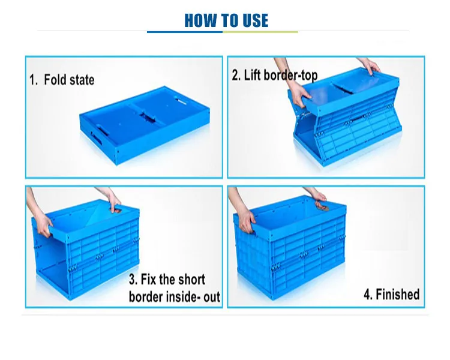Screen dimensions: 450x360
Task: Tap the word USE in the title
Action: pyautogui.click(x=256, y=20)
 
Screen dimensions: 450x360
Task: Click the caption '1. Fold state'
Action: pyautogui.click(x=62, y=80)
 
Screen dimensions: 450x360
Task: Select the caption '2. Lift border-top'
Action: pyautogui.click(x=275, y=75)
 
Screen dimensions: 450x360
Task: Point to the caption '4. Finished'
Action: pyautogui.click(x=391, y=294)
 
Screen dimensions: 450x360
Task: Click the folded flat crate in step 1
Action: pyautogui.click(x=145, y=125)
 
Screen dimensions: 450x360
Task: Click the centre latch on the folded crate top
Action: pyautogui.click(x=148, y=117)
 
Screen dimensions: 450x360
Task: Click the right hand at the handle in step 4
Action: pyautogui.click(x=319, y=199)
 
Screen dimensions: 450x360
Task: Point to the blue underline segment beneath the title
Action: pyautogui.click(x=185, y=32)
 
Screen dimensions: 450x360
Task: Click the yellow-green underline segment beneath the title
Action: pyautogui.click(x=260, y=32)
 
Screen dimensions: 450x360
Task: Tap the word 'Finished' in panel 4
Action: pyautogui.click(x=398, y=294)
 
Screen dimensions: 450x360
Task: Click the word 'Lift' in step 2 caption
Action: pyautogui.click(x=252, y=75)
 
